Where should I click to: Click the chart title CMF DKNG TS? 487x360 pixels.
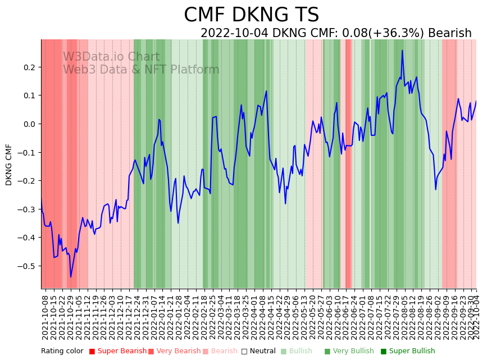251,15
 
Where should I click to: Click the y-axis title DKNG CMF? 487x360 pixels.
9,165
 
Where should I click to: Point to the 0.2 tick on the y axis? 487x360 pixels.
29,67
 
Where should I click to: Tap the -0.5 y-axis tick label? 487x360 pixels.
28,266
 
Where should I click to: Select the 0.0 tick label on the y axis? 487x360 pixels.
29,124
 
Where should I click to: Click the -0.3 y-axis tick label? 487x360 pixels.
28,209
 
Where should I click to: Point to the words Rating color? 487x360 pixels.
62,352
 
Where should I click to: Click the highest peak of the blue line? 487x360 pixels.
402,51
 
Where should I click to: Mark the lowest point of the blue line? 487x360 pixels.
71,277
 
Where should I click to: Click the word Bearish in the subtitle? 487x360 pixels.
449,33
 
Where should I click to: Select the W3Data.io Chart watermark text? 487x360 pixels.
111,57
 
